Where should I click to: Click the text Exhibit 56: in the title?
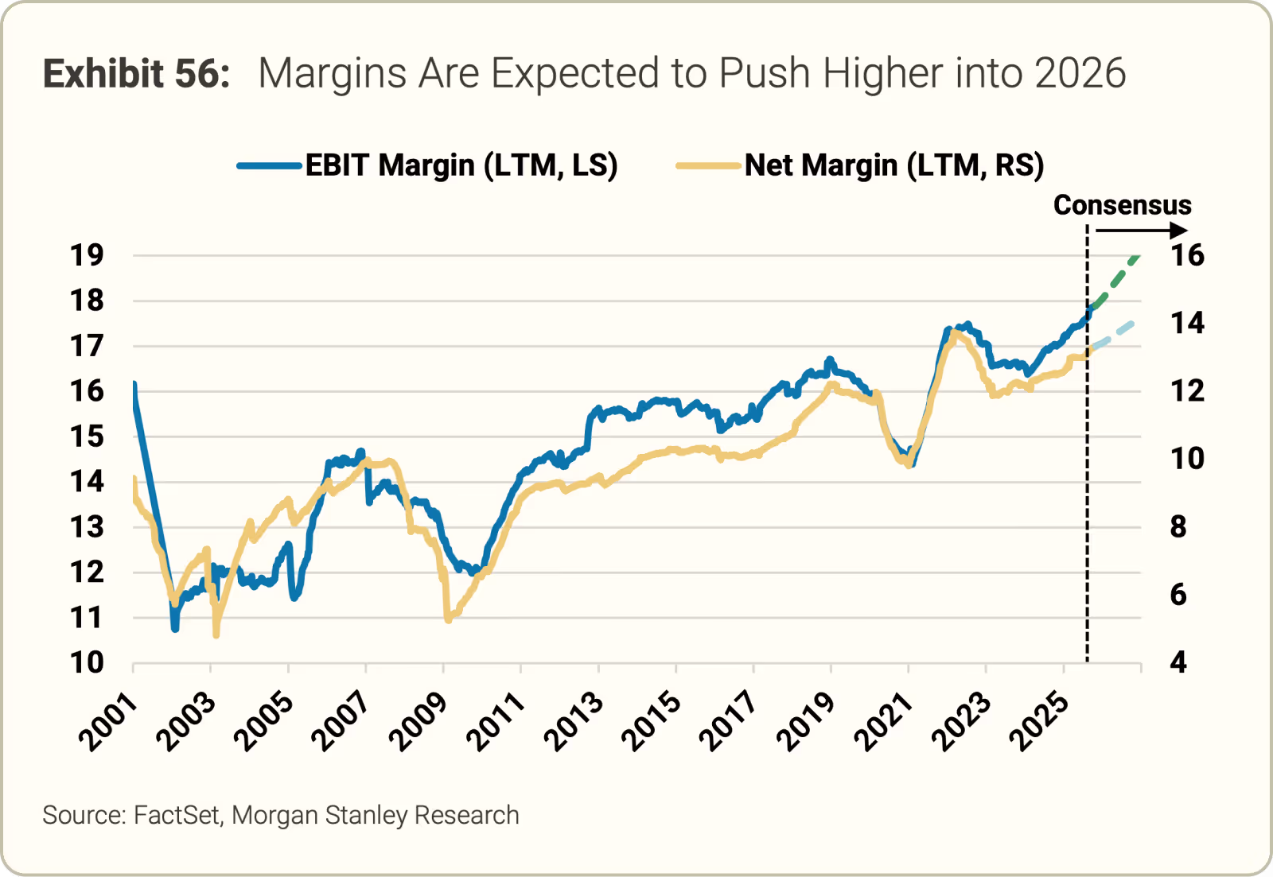click(136, 74)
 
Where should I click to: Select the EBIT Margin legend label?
click(461, 165)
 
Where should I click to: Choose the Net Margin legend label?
click(893, 165)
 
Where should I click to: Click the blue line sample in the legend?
click(270, 166)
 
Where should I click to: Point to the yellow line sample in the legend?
click(708, 166)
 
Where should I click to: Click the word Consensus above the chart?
click(1122, 205)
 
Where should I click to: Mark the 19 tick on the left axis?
click(87, 256)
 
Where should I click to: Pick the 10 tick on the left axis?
click(87, 662)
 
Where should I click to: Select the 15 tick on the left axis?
click(87, 437)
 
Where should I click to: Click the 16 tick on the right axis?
click(1187, 256)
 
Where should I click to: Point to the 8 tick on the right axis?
click(1178, 526)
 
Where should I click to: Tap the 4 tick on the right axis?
click(1178, 662)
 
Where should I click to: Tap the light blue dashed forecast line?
click(1114, 335)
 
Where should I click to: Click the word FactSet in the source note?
click(177, 816)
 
